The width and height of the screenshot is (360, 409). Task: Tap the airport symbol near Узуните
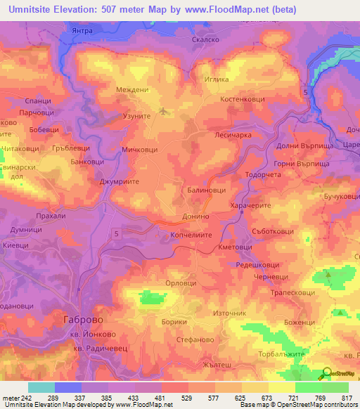(165, 110)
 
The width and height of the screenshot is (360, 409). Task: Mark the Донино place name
(195, 219)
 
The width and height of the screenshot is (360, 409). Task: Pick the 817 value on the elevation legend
(347, 397)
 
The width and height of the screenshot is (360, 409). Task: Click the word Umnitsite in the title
(32, 10)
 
